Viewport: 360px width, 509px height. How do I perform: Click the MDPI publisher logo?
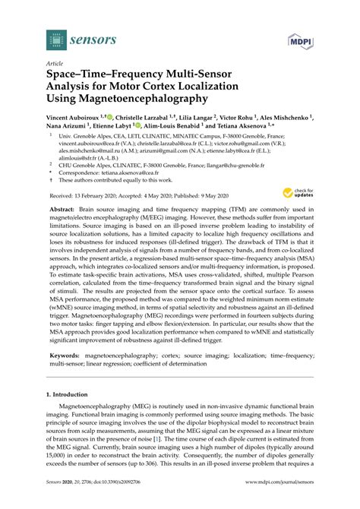coord(300,38)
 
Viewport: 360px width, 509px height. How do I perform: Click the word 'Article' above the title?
coord(56,65)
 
